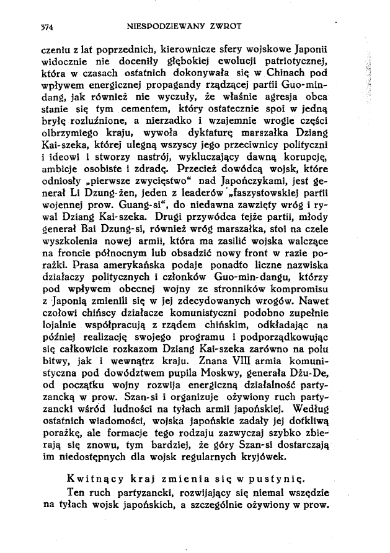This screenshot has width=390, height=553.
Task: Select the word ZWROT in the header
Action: tap(225, 27)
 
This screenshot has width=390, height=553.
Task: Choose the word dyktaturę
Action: tap(218, 139)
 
